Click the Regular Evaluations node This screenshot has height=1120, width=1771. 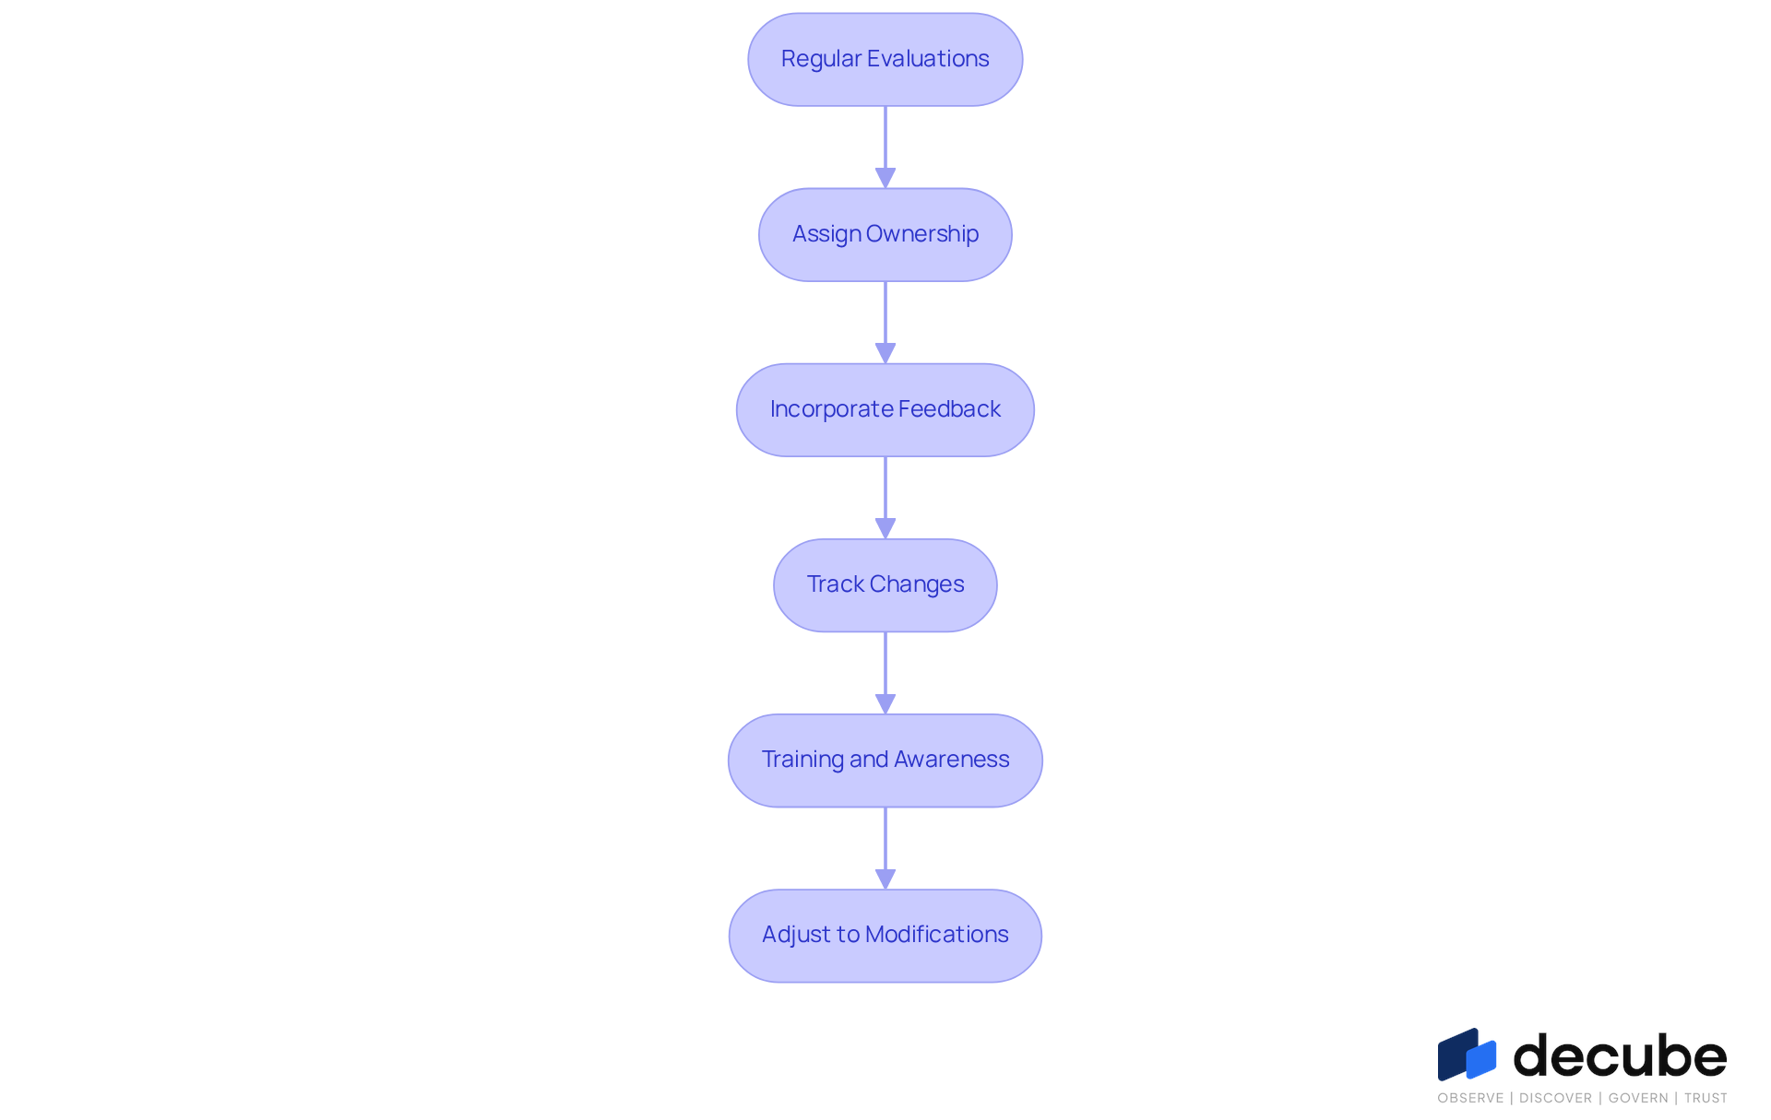tap(885, 59)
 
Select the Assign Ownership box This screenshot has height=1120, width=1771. tap(885, 234)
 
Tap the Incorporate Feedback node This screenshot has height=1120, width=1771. tap(885, 409)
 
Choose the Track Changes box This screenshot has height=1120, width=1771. tap(885, 584)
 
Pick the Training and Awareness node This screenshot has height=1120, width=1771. tap(885, 760)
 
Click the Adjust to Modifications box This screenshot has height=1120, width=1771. tap(885, 935)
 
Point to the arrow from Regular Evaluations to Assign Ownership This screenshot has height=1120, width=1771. tap(885, 147)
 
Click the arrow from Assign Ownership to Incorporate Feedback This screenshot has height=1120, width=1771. tap(885, 322)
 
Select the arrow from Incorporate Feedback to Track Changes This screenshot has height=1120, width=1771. tap(885, 497)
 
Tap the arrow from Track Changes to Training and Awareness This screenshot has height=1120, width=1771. tap(885, 672)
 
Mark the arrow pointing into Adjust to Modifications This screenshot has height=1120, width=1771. tap(885, 848)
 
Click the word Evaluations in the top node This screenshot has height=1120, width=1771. tap(928, 58)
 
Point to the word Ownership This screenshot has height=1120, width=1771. tap(922, 234)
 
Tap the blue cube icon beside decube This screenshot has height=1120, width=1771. tap(1467, 1055)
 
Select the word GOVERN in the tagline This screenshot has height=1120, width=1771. tap(1638, 1098)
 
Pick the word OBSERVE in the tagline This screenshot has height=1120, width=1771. tap(1470, 1098)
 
